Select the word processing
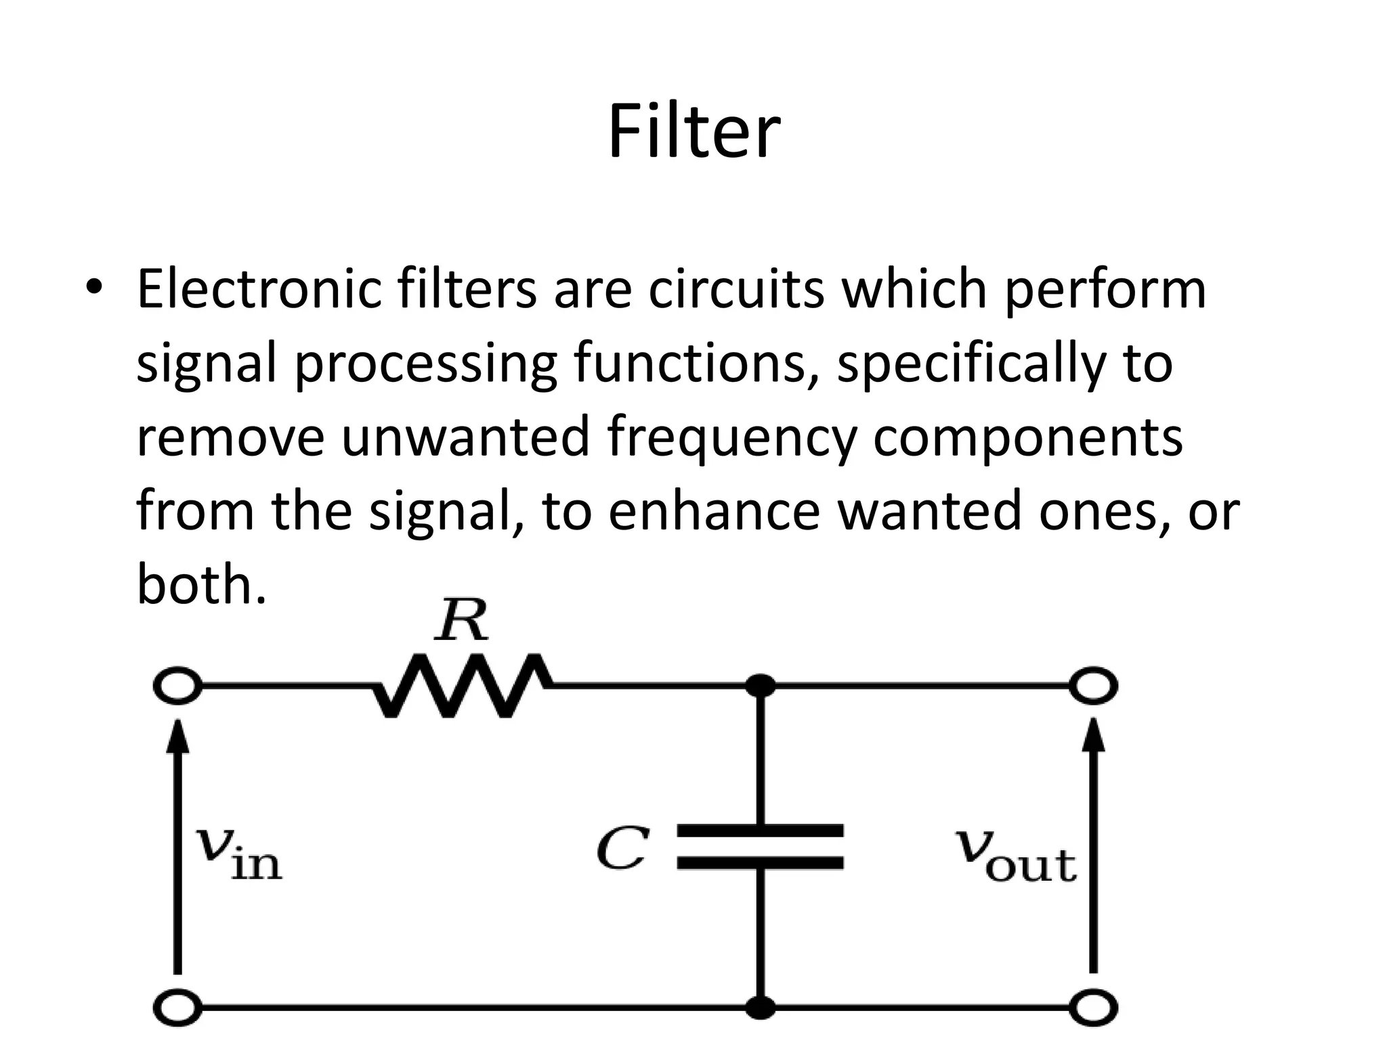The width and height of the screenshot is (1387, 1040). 425,364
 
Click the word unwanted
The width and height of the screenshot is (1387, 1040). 465,437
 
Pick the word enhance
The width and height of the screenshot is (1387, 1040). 714,511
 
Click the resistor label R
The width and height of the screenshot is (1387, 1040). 461,620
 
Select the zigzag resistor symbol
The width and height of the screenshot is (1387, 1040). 462,685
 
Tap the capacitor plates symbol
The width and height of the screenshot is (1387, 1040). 761,846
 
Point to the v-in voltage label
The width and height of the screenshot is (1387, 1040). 238,854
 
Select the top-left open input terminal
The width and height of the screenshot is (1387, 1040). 177,686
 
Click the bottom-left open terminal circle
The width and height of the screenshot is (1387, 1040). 177,1007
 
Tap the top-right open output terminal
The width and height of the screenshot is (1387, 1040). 1093,686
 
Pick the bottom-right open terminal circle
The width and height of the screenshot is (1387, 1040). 1093,1007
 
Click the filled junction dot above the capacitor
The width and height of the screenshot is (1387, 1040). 761,686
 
